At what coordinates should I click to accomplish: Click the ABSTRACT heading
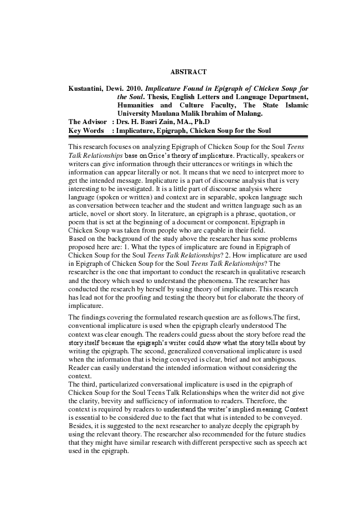click(188, 72)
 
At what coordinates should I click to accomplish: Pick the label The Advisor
click(87, 122)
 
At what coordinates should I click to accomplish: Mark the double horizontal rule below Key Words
click(188, 136)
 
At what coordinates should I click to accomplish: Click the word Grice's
click(160, 156)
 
